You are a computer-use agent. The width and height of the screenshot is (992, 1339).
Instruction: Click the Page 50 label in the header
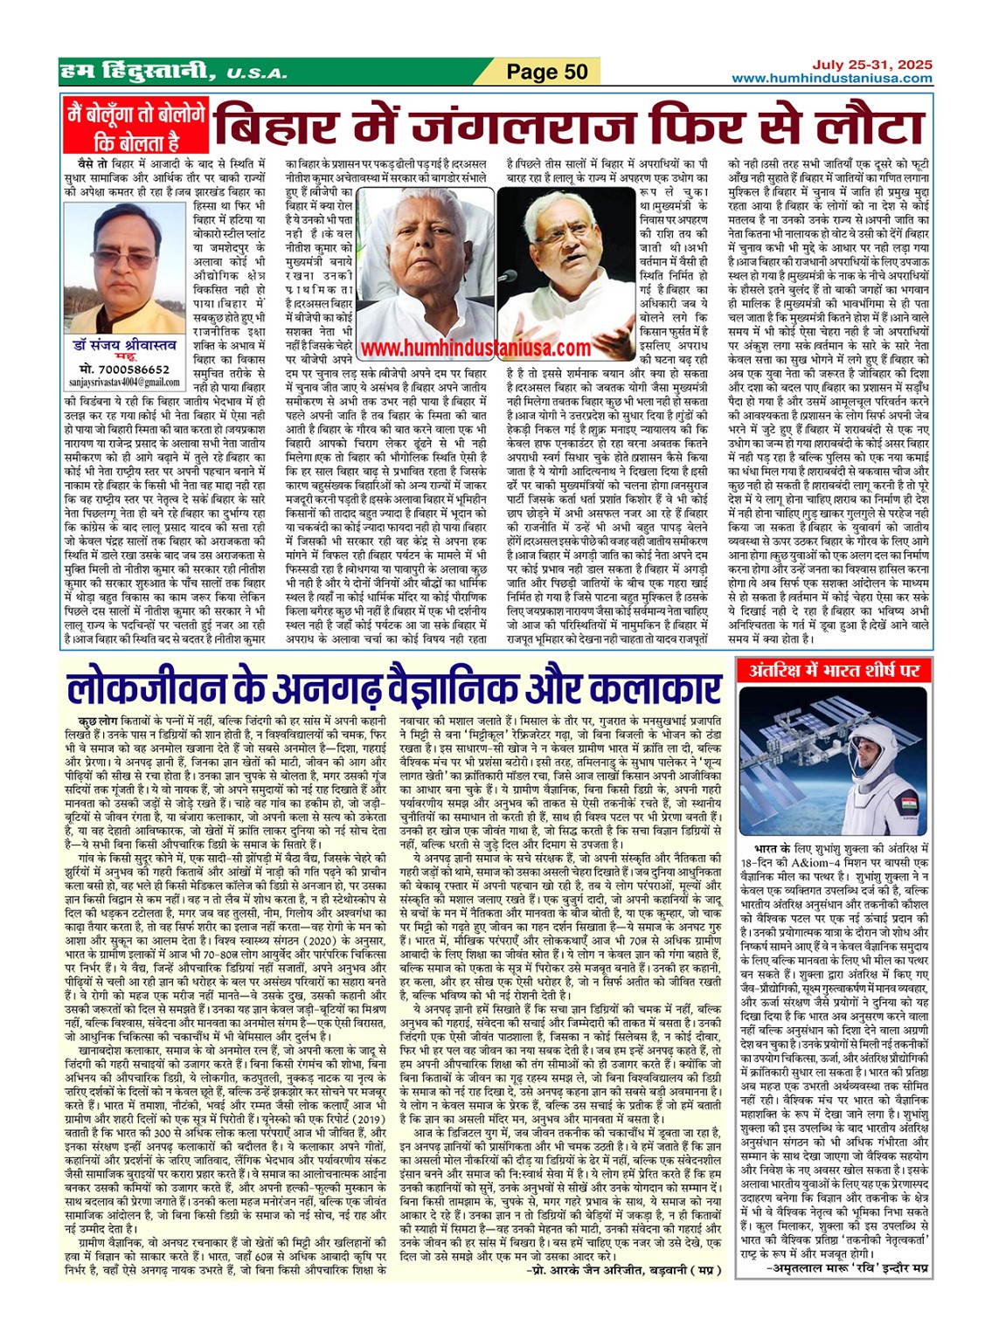click(x=548, y=72)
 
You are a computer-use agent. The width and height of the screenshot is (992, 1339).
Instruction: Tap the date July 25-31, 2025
click(x=871, y=65)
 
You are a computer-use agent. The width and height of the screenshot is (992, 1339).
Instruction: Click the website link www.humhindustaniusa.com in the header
click(x=831, y=79)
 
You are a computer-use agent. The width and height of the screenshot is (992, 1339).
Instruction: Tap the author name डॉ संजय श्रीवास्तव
click(x=126, y=346)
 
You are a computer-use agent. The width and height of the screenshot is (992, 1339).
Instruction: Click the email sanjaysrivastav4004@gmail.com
click(x=126, y=383)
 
